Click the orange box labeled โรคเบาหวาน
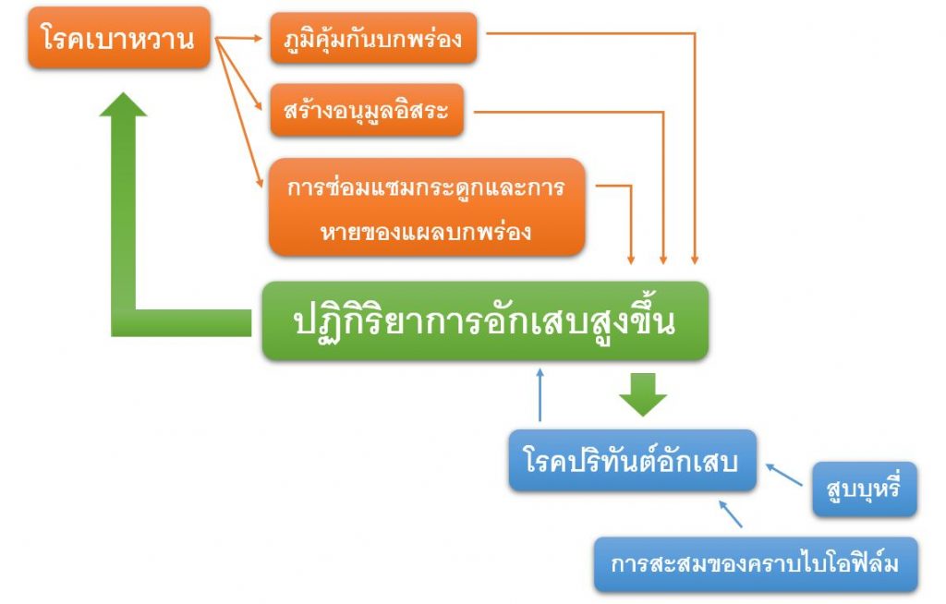tap(118, 40)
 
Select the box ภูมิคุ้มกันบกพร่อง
tap(373, 38)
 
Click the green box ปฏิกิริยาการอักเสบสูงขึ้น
tap(485, 320)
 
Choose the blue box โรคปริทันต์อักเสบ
tap(632, 460)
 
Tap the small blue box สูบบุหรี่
tap(864, 489)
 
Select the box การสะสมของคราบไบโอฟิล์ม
tap(755, 563)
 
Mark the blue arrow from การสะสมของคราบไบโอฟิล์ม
tap(731, 513)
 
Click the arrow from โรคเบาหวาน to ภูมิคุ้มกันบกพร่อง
tap(240, 39)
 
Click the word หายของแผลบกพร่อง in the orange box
tap(427, 231)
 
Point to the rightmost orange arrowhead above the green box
tap(694, 260)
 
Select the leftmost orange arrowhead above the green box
tap(632, 260)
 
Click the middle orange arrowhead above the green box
tap(662, 260)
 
